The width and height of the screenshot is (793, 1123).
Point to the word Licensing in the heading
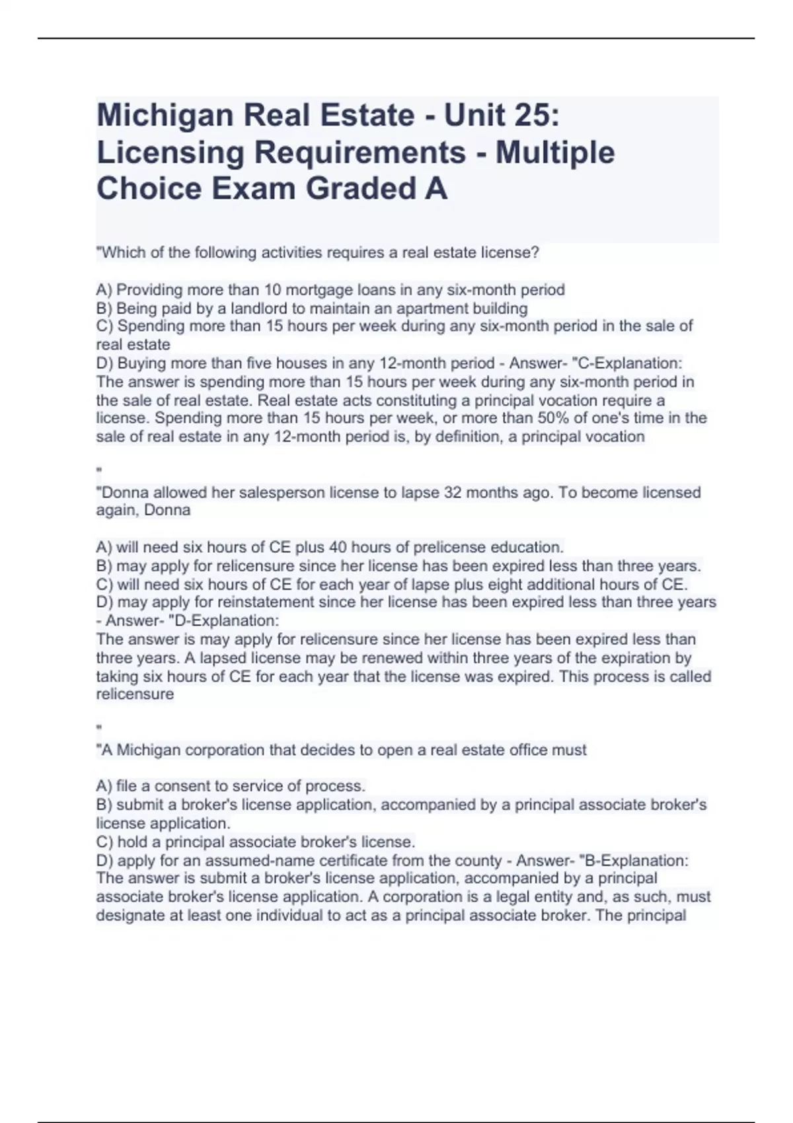(x=169, y=153)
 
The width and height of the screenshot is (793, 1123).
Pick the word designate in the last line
(x=130, y=916)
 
